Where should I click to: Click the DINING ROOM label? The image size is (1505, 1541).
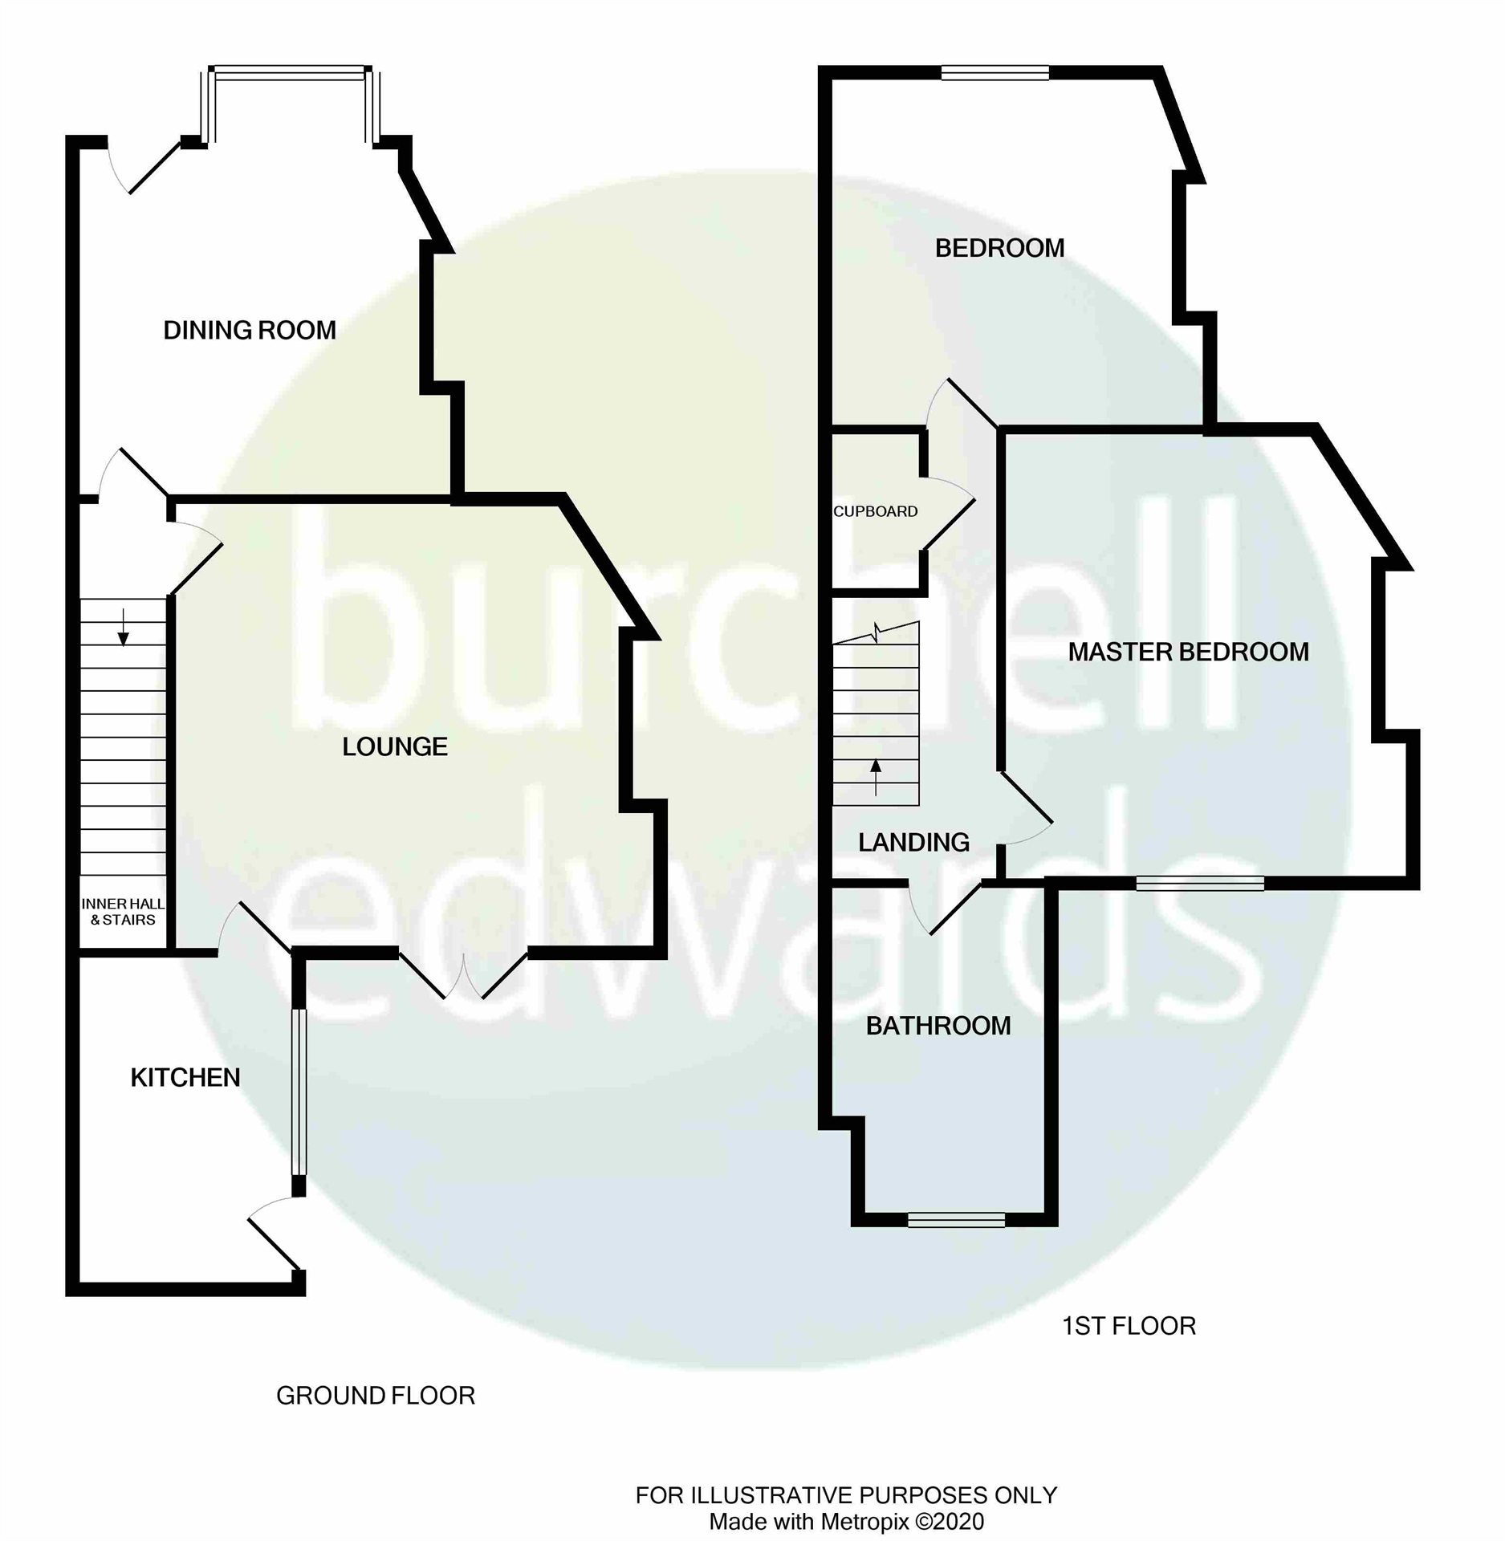(x=250, y=330)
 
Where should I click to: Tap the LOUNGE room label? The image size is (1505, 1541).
(x=394, y=747)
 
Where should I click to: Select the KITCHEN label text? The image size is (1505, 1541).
(x=185, y=1077)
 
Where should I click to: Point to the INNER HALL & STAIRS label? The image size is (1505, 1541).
(x=123, y=912)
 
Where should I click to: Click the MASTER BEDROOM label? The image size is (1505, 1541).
(x=1188, y=652)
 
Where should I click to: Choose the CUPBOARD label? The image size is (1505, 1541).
(x=875, y=511)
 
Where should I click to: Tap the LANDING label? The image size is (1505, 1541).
(x=913, y=842)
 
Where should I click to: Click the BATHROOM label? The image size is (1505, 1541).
(x=938, y=1026)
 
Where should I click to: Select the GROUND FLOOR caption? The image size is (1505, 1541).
(x=376, y=1396)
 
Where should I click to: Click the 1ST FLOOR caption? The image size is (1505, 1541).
(x=1129, y=1326)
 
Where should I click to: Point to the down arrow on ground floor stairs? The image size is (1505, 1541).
(x=123, y=628)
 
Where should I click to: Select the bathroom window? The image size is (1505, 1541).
(x=956, y=1220)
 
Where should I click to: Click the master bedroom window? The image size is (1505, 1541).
(x=1200, y=883)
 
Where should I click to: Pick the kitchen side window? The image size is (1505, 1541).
(x=299, y=1092)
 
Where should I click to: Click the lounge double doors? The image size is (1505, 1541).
(x=463, y=975)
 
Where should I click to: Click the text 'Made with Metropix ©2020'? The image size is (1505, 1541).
(x=846, y=1521)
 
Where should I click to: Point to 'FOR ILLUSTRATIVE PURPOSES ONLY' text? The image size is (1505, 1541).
(x=846, y=1495)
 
